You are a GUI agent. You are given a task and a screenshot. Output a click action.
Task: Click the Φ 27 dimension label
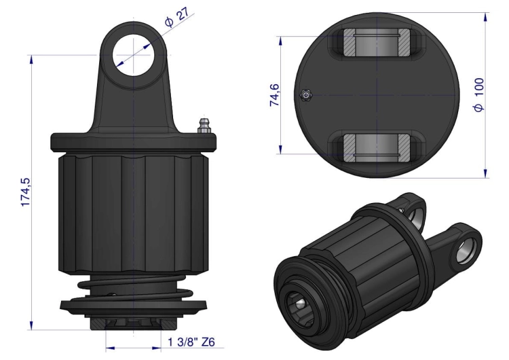tap(176, 17)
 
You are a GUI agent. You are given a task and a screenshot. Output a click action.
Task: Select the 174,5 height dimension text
tap(25, 192)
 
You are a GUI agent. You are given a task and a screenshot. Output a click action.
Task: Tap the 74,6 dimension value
tap(275, 95)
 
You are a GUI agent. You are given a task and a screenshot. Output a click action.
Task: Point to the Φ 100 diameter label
tap(479, 94)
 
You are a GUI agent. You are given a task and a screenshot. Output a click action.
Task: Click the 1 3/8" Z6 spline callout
tap(191, 342)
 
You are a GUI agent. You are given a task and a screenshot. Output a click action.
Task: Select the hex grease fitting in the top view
tap(305, 95)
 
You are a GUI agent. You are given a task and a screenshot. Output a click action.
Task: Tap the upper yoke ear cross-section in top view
tap(377, 41)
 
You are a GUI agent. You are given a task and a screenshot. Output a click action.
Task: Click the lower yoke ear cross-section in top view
tap(377, 148)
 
